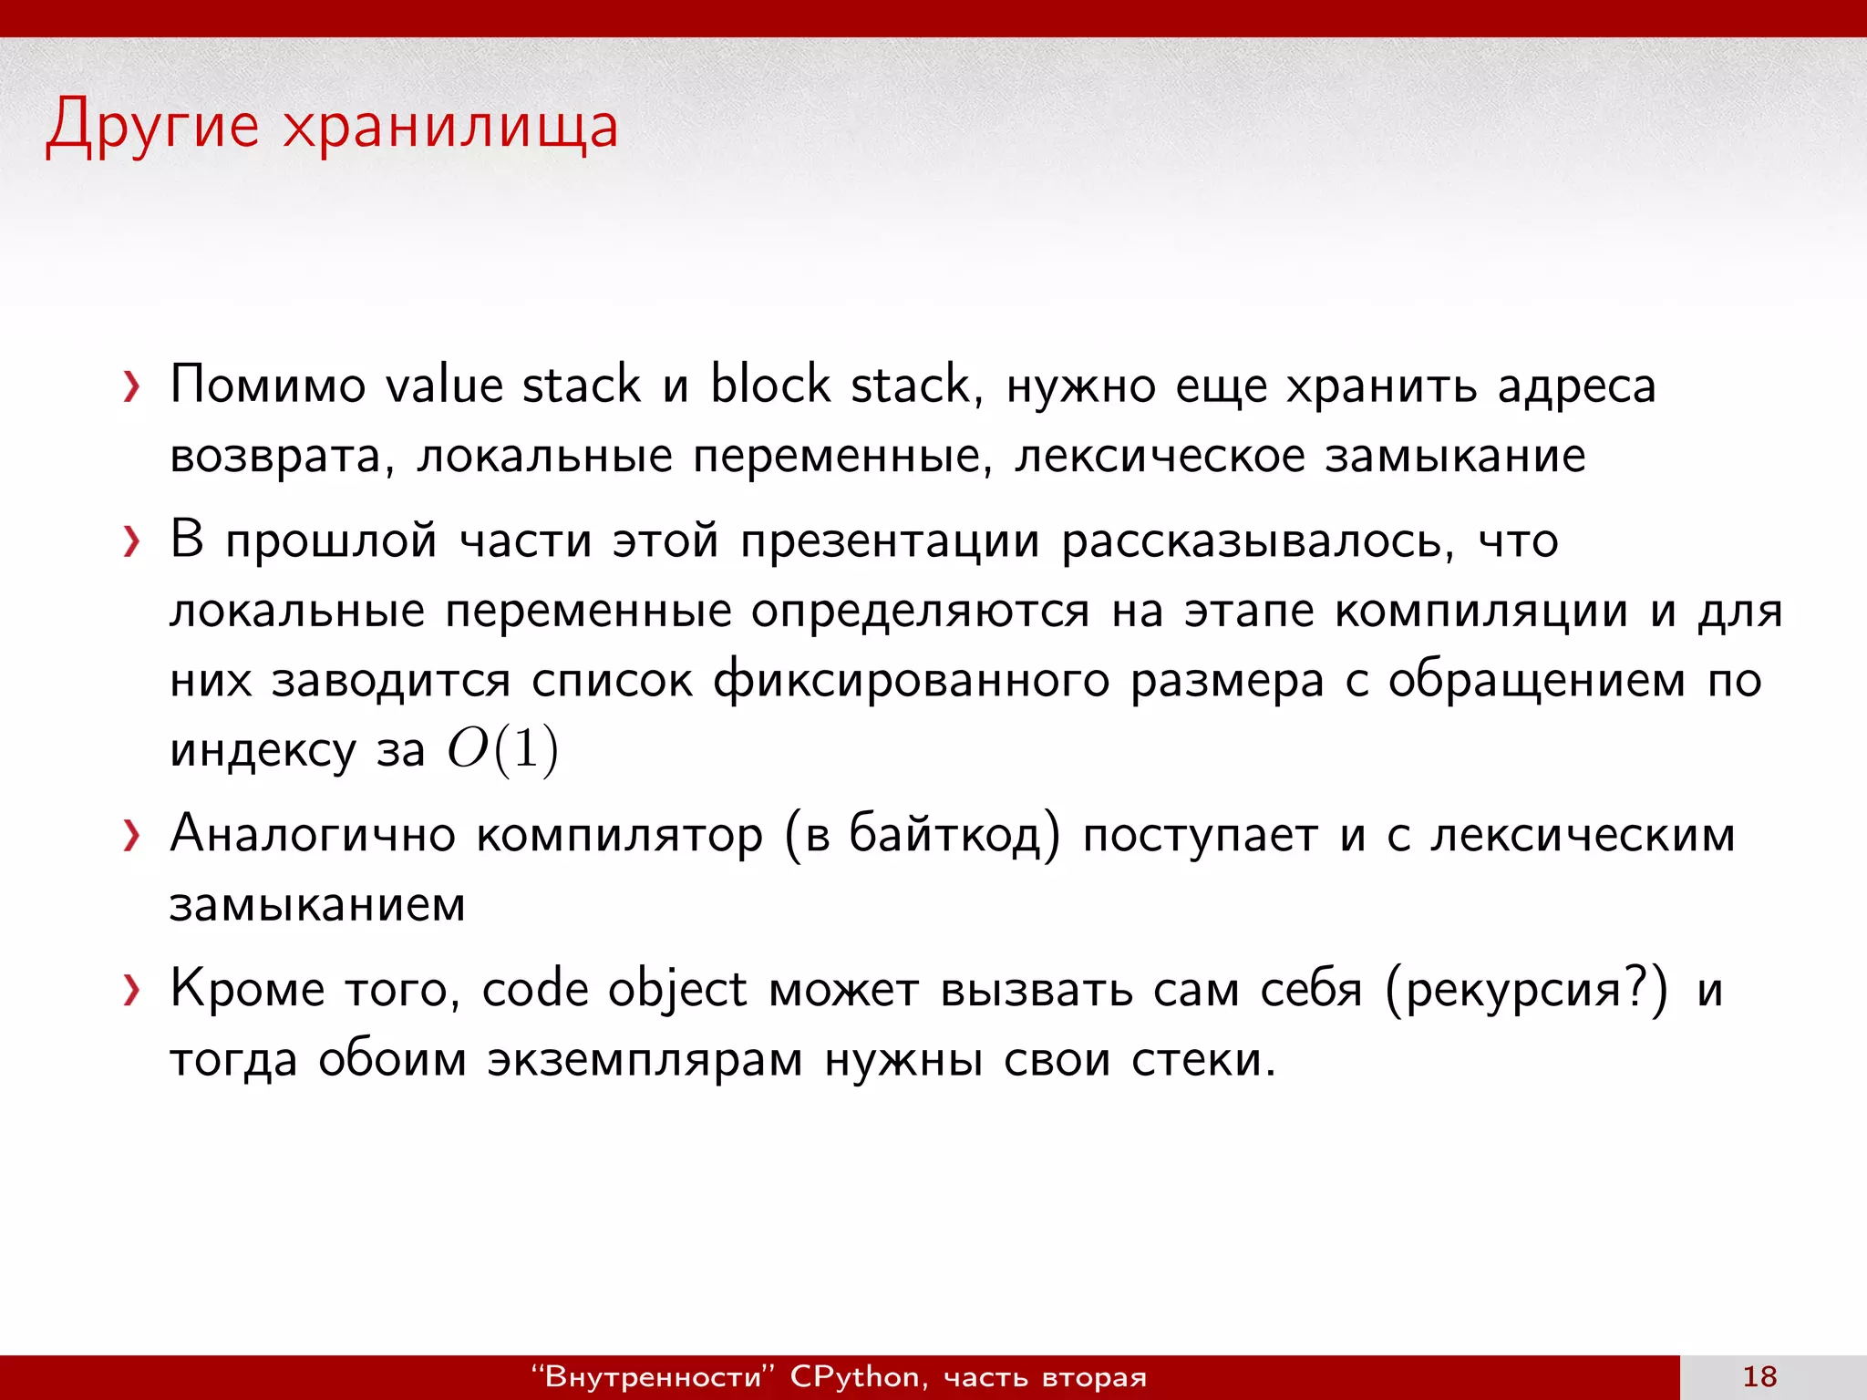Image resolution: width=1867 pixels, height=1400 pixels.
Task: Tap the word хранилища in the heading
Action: (x=450, y=126)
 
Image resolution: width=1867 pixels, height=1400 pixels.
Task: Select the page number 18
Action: (x=1759, y=1376)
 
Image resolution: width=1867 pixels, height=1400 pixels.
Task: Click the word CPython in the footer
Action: (x=855, y=1376)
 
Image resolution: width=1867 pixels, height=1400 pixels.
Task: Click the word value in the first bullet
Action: (x=444, y=384)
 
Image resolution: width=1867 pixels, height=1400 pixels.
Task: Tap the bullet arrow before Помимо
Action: (x=132, y=387)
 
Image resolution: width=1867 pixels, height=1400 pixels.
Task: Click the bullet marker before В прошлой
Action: (x=132, y=542)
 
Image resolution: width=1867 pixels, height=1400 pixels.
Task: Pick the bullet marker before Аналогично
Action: (x=132, y=836)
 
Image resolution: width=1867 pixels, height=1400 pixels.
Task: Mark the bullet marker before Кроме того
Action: (x=132, y=991)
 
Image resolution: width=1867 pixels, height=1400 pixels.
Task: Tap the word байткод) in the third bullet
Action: (x=954, y=834)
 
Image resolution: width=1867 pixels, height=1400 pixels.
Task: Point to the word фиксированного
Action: (x=911, y=681)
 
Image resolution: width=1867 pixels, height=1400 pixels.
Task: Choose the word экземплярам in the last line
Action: (x=645, y=1060)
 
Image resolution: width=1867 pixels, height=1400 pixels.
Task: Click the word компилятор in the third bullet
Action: (x=620, y=834)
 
